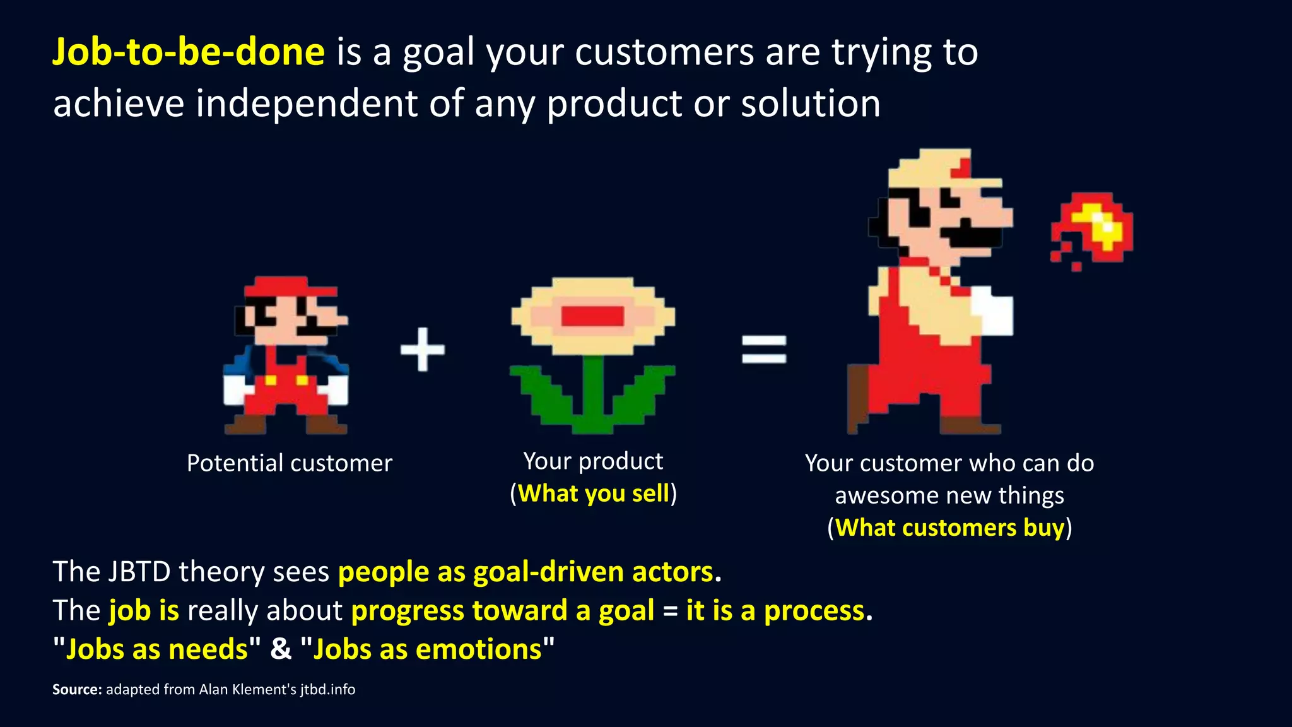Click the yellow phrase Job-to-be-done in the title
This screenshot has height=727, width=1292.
(188, 52)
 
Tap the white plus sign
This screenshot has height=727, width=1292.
(423, 349)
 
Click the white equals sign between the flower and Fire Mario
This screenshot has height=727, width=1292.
(764, 349)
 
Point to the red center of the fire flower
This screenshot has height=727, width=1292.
(592, 316)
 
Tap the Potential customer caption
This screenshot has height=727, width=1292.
(290, 463)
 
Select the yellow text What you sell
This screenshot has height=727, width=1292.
(593, 494)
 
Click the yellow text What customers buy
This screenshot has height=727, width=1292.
(949, 528)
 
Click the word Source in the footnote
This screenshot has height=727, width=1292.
(76, 690)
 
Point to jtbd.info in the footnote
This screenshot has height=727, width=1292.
(327, 690)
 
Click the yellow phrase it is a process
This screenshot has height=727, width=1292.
(775, 611)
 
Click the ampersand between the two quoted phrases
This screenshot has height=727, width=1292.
(281, 649)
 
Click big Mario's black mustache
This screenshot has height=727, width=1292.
(972, 236)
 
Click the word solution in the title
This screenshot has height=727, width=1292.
(811, 103)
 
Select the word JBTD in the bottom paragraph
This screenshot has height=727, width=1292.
(139, 572)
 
